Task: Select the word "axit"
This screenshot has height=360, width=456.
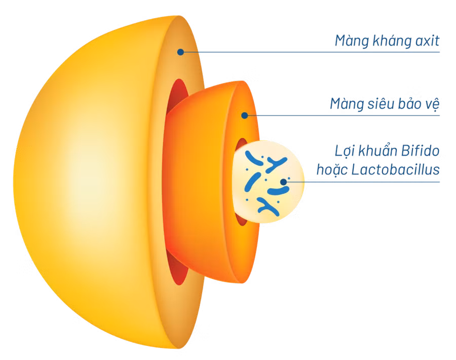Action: (x=427, y=41)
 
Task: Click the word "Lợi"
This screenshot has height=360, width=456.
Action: (x=345, y=151)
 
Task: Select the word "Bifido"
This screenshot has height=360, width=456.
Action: (x=420, y=151)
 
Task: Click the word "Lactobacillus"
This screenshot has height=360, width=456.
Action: (x=395, y=169)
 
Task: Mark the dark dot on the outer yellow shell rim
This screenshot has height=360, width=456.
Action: (x=180, y=52)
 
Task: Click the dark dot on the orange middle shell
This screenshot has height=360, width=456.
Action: (x=245, y=116)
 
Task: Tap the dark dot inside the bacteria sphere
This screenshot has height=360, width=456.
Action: (x=284, y=182)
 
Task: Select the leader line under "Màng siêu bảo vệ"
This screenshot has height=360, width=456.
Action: (x=342, y=116)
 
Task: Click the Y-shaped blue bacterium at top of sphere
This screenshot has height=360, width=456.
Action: (x=276, y=164)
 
